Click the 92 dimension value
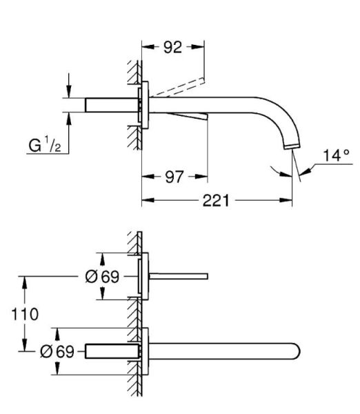(172, 48)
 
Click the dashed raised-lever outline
(179, 86)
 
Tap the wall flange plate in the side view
(145, 106)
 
